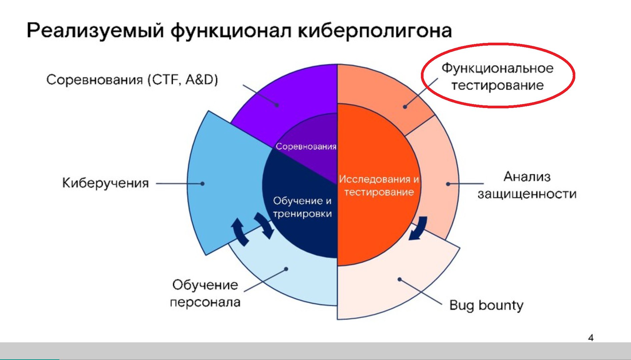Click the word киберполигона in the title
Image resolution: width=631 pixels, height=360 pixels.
click(x=375, y=31)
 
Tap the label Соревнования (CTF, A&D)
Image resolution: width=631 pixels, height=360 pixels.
click(x=132, y=80)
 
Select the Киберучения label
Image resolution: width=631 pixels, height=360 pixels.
click(x=105, y=183)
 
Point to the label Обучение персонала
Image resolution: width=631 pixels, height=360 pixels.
click(x=205, y=293)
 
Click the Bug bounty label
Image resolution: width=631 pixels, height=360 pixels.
click(x=486, y=305)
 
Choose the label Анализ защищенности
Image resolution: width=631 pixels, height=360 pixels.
click(x=527, y=185)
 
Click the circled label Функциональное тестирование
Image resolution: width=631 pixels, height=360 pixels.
click(x=498, y=77)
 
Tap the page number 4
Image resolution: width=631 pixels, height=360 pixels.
click(x=591, y=338)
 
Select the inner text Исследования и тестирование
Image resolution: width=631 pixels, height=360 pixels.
click(x=379, y=185)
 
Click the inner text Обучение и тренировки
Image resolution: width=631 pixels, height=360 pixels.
click(x=302, y=207)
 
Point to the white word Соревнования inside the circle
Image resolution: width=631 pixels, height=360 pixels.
click(x=306, y=146)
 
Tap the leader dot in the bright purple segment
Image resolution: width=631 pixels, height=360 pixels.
click(x=277, y=105)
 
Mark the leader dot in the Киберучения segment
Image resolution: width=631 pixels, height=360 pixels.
click(x=202, y=184)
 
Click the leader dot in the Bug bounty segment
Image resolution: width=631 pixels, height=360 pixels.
click(x=400, y=279)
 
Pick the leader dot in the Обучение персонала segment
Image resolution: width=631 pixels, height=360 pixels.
click(x=286, y=269)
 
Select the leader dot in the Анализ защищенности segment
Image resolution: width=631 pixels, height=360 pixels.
click(x=448, y=184)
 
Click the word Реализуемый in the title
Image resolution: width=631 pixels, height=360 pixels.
click(x=95, y=31)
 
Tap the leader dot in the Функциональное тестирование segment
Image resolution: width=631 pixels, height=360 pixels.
click(x=405, y=107)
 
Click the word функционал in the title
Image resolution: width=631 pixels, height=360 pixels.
click(x=231, y=31)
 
